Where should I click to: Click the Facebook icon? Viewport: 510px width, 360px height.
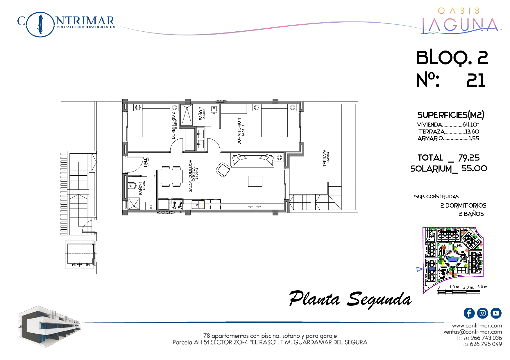pos(469,313)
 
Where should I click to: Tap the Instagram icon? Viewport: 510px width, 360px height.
pos(482,313)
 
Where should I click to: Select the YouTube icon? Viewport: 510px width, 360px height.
pos(496,313)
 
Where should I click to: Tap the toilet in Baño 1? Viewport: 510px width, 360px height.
pos(132,185)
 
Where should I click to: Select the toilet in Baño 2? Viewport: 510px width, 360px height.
pos(214,109)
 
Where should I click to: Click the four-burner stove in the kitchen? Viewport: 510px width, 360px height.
pos(177,204)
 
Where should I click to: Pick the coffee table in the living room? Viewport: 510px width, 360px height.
pos(255,181)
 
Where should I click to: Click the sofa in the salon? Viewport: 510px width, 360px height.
pos(253,160)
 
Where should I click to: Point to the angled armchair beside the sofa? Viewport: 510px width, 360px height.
pos(223,170)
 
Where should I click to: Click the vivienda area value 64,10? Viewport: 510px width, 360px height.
pos(470,125)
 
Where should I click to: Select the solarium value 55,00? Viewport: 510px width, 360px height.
pos(474,168)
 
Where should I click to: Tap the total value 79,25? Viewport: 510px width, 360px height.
pos(469,158)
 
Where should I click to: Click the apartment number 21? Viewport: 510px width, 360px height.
pos(476,80)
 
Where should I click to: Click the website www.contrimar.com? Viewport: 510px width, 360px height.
pos(477,326)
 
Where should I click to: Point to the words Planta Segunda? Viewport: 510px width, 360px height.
pos(350,299)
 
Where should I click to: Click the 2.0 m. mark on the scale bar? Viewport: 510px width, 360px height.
pos(468,287)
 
